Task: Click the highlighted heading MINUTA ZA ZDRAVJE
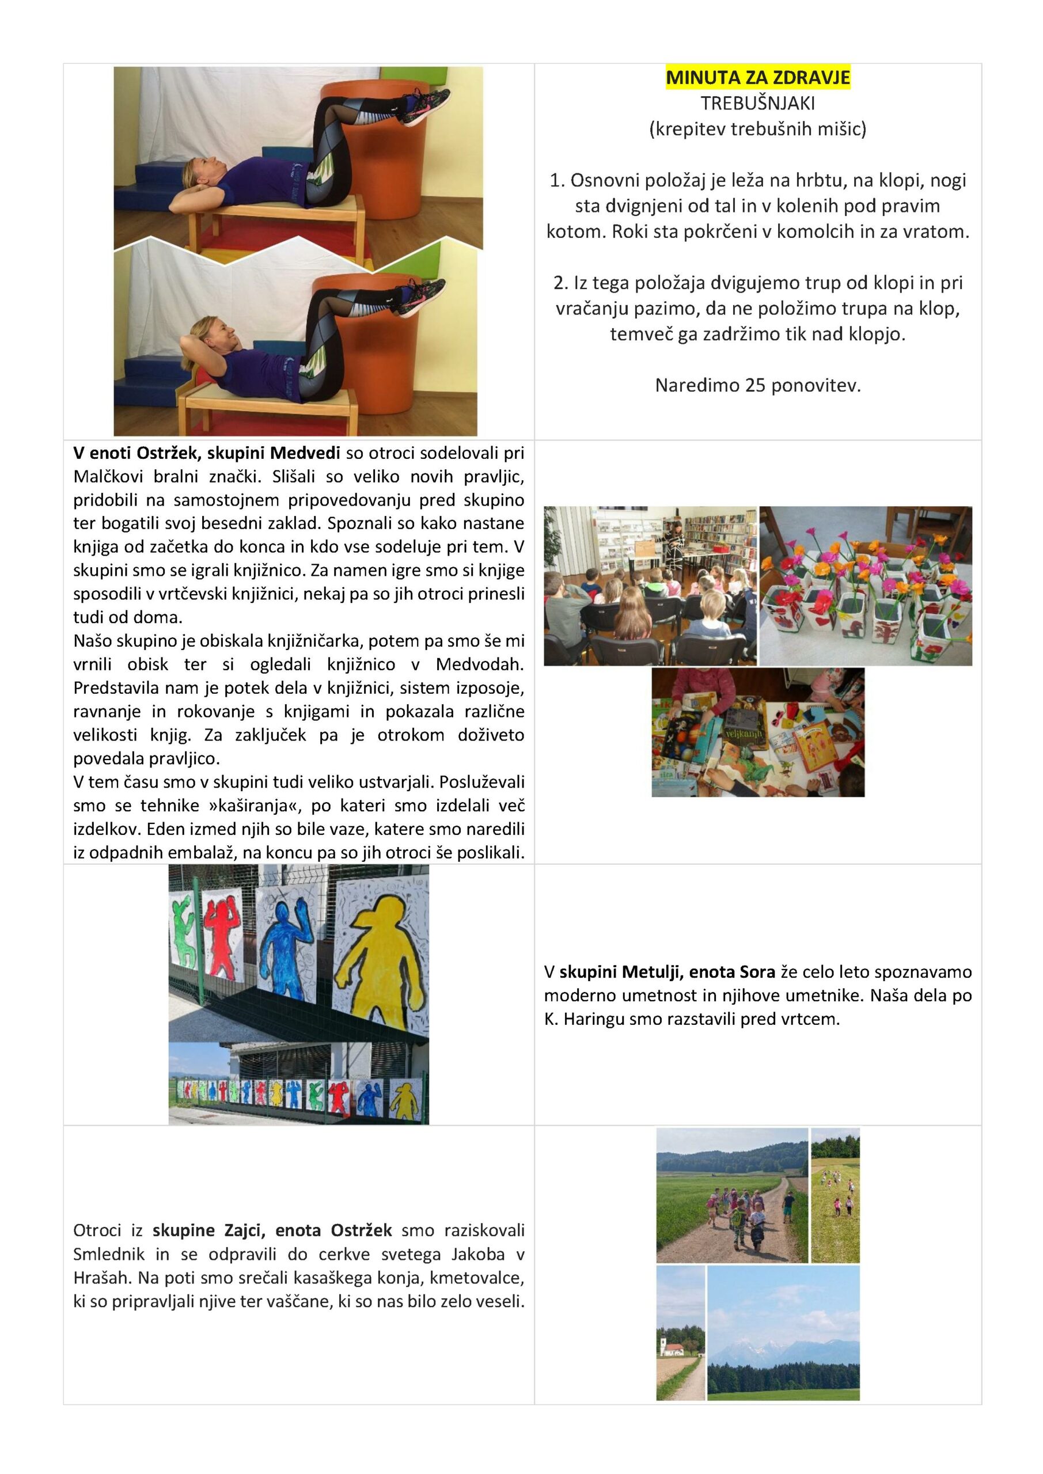(757, 78)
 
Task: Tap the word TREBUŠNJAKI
(757, 104)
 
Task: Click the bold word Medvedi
(305, 453)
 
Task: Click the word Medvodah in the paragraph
(480, 664)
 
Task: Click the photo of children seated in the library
(650, 586)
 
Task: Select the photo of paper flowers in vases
(865, 586)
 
